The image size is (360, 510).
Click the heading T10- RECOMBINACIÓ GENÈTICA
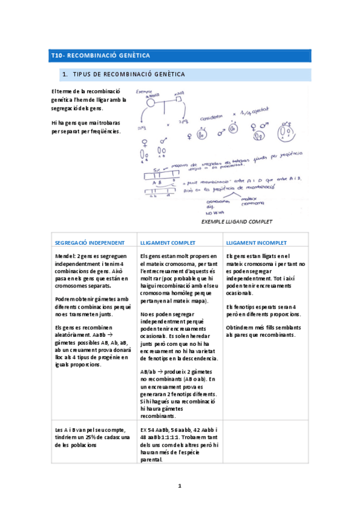(100, 56)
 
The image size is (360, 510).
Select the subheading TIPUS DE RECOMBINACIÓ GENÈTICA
(128, 75)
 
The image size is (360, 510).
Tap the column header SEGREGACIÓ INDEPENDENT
(90, 242)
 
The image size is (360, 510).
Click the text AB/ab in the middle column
(148, 372)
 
